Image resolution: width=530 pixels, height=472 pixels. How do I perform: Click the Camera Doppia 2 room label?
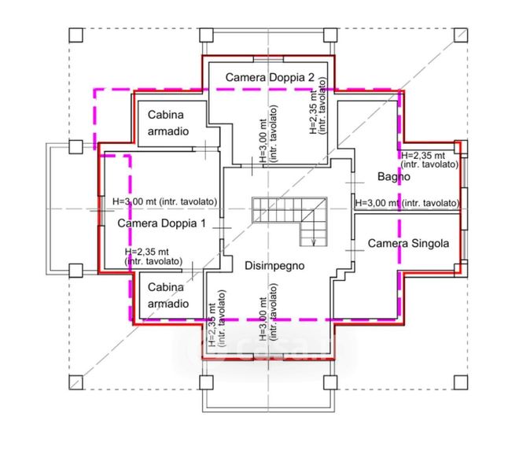click(270, 77)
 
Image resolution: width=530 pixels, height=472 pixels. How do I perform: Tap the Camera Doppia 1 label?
click(161, 223)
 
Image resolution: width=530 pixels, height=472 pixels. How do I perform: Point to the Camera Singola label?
click(409, 244)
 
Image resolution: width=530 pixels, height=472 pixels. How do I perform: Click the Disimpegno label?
click(273, 266)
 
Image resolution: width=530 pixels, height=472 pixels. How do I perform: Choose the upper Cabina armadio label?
click(167, 124)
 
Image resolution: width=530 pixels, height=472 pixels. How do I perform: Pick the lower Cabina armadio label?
click(167, 295)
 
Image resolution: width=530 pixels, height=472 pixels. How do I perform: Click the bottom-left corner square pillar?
click(76, 383)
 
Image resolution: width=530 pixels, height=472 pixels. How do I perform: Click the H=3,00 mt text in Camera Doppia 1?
click(165, 201)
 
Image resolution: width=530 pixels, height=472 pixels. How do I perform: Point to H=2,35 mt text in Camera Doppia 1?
click(154, 256)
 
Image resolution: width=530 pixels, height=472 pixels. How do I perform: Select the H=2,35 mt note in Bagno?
click(429, 160)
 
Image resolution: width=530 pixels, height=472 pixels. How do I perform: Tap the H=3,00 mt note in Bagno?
click(407, 203)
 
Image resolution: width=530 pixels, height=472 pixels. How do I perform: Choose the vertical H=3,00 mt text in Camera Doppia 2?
click(267, 134)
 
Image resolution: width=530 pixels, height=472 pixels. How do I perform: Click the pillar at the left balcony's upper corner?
click(76, 146)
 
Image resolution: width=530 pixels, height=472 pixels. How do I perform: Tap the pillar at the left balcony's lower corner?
click(76, 271)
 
